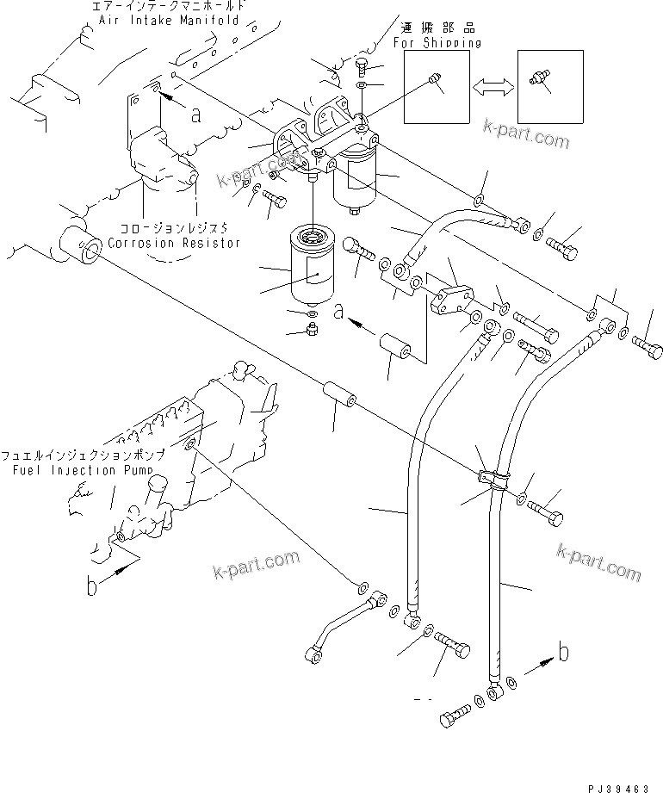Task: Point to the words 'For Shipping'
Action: point(437,42)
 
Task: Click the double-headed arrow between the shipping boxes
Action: point(494,85)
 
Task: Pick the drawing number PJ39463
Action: point(619,785)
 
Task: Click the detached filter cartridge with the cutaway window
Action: point(313,268)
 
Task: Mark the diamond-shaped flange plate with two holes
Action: point(450,297)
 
